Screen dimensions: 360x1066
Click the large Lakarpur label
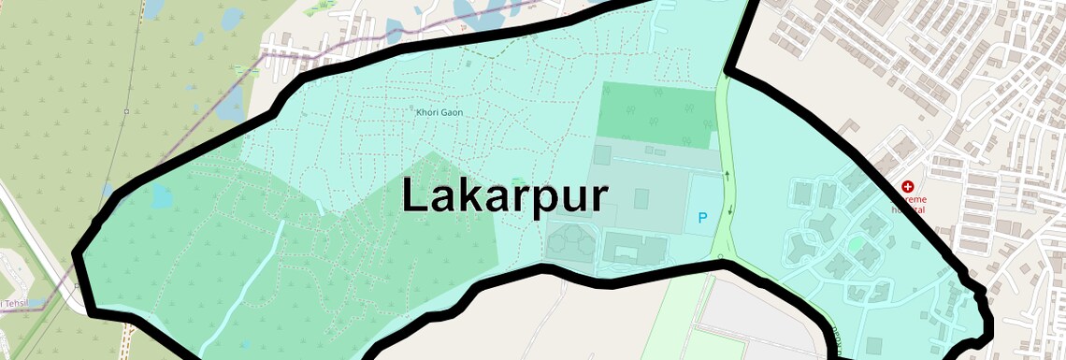505,195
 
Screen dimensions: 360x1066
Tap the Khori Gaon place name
439,113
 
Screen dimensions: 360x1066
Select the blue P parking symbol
702,218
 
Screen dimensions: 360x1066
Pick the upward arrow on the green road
726,173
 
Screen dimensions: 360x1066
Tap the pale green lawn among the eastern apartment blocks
857,244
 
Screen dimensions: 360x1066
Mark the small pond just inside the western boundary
161,196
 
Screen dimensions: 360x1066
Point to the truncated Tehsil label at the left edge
13,303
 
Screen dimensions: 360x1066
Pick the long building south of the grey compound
635,249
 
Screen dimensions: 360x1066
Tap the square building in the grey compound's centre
641,198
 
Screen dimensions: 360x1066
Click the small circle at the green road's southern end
721,254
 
